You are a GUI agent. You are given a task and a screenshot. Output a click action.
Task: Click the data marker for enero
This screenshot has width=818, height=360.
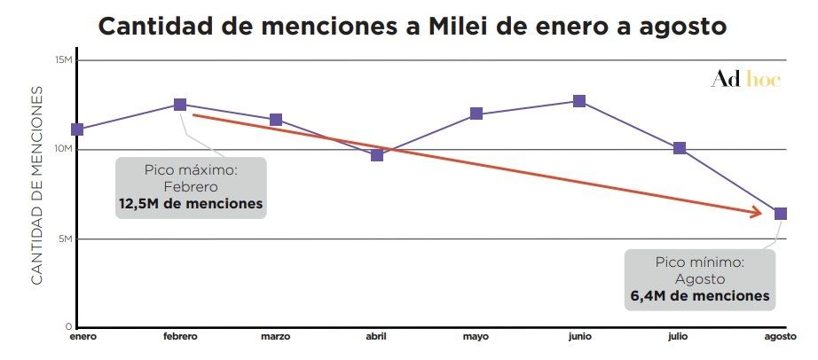pyautogui.click(x=77, y=129)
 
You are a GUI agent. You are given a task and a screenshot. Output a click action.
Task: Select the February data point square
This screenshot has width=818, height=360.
pyautogui.click(x=180, y=105)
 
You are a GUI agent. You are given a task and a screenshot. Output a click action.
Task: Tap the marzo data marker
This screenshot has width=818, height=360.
pyautogui.click(x=276, y=120)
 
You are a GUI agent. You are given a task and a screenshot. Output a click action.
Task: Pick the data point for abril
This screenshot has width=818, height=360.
pyautogui.click(x=377, y=155)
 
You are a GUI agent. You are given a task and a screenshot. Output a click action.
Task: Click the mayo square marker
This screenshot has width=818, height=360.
pyautogui.click(x=476, y=113)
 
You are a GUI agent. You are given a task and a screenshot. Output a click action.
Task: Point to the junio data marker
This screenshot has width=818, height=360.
pyautogui.click(x=579, y=101)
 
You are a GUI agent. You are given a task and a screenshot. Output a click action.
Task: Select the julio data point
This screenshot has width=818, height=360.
pyautogui.click(x=680, y=148)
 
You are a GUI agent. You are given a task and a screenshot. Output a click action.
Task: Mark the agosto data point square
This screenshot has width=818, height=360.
pyautogui.click(x=781, y=213)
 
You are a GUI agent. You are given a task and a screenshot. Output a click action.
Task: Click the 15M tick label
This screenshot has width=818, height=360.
pyautogui.click(x=63, y=60)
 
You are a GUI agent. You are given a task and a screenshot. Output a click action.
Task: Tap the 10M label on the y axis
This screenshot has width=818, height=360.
pyautogui.click(x=63, y=149)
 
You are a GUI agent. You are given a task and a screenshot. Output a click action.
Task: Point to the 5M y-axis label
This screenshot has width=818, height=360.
pyautogui.click(x=65, y=239)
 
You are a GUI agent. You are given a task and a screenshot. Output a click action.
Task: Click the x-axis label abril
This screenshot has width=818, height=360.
pyautogui.click(x=377, y=337)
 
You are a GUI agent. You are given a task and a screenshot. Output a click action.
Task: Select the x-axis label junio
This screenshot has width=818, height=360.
pyautogui.click(x=578, y=337)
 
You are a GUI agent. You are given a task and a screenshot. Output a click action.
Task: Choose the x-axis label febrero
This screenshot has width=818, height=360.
pyautogui.click(x=180, y=337)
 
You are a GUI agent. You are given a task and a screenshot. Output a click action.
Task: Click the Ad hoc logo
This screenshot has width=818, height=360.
pyautogui.click(x=745, y=80)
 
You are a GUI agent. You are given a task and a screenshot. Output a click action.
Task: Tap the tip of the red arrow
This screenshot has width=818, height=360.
pyautogui.click(x=763, y=213)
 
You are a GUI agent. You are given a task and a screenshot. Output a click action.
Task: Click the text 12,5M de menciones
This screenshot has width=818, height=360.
pyautogui.click(x=191, y=203)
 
